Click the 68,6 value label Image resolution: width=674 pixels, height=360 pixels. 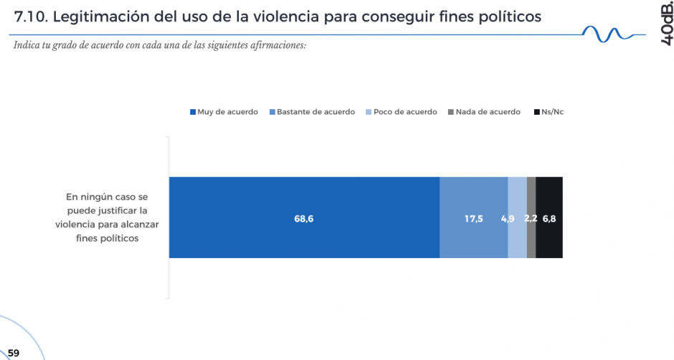[x=304, y=219]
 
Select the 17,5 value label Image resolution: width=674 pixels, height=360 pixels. [x=474, y=219]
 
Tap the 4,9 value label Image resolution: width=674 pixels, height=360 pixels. [x=508, y=219]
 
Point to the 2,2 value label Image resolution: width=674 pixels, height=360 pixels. [x=531, y=219]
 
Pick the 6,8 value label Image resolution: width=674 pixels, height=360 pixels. [x=549, y=219]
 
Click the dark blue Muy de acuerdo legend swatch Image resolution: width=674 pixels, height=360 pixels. [x=192, y=113]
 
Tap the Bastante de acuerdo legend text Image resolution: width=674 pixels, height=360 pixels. [x=315, y=112]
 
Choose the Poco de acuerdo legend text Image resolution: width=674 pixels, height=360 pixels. [x=405, y=112]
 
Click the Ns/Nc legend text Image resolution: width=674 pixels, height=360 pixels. [x=553, y=112]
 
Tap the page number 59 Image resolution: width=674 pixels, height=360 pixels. [x=14, y=353]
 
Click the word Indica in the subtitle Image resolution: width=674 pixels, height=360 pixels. [x=27, y=46]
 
